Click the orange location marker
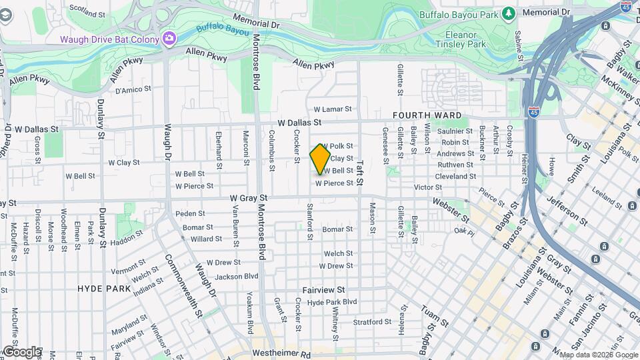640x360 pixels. tap(321, 159)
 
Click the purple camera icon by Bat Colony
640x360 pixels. tap(169, 38)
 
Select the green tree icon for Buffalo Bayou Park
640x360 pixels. tap(509, 13)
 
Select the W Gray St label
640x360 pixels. tap(249, 198)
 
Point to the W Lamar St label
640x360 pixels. tap(332, 109)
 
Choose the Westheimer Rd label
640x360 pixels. tap(282, 354)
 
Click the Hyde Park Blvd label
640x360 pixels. tap(332, 302)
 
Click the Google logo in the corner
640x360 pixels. tap(21, 351)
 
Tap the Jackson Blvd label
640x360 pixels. tap(236, 276)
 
